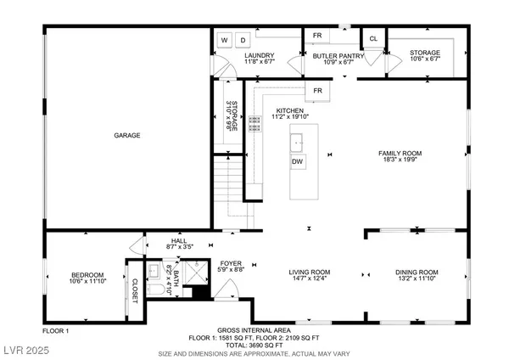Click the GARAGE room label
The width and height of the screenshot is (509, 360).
tap(127, 135)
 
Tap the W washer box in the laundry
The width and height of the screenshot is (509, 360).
tap(225, 40)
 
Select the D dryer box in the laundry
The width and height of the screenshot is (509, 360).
tap(242, 40)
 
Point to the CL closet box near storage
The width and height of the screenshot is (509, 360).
tap(373, 39)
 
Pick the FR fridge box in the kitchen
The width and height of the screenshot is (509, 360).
tap(317, 91)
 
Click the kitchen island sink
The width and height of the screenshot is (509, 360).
tap(298, 140)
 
